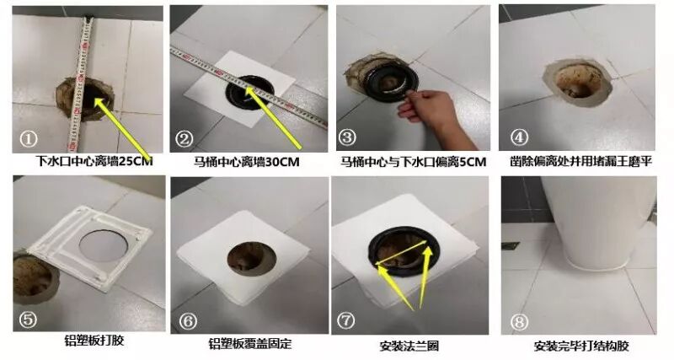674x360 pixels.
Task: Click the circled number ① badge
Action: [x=29, y=138]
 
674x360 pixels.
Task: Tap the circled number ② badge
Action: [x=185, y=139]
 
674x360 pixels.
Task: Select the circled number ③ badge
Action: [x=347, y=137]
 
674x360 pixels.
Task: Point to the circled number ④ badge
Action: [x=519, y=137]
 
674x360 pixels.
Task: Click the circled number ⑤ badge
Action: [x=28, y=320]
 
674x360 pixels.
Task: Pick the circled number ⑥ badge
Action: [x=188, y=321]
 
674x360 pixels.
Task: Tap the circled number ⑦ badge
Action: [x=346, y=320]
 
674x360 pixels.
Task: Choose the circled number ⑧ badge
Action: [x=519, y=322]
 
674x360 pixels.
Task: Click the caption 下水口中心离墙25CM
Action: [x=94, y=161]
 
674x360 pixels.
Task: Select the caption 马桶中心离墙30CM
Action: [x=246, y=162]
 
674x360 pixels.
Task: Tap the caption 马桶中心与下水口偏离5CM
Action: [x=413, y=162]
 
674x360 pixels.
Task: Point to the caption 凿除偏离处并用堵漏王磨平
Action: [x=580, y=161]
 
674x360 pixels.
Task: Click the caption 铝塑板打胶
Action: [x=94, y=341]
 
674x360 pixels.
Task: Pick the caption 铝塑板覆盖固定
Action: [x=249, y=344]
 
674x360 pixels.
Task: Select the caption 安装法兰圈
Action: [x=409, y=346]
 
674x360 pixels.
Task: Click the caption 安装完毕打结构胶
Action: [x=581, y=346]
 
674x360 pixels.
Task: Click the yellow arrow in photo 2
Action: [x=273, y=118]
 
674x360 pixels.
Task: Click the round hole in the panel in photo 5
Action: [x=103, y=246]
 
